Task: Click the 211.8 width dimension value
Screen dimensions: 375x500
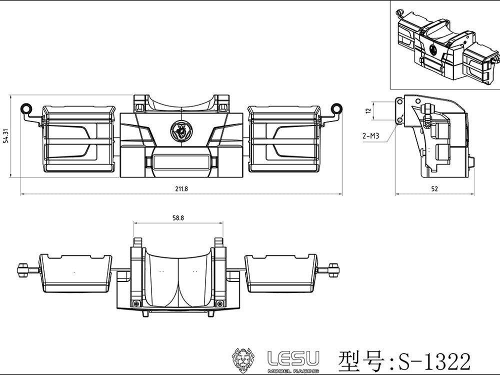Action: tap(180, 188)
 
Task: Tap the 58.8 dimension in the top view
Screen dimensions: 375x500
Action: tap(177, 217)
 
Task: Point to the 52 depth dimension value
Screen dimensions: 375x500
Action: tap(434, 188)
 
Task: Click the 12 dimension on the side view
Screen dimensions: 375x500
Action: tap(368, 111)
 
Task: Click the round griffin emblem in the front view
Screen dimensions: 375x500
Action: tap(180, 131)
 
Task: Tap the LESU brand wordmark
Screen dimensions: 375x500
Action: tap(293, 358)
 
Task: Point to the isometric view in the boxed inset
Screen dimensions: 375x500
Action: tap(444, 45)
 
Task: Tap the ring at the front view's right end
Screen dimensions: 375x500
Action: tap(337, 108)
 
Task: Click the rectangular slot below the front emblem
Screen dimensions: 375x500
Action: tap(180, 161)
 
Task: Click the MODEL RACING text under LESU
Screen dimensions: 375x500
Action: tap(293, 370)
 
